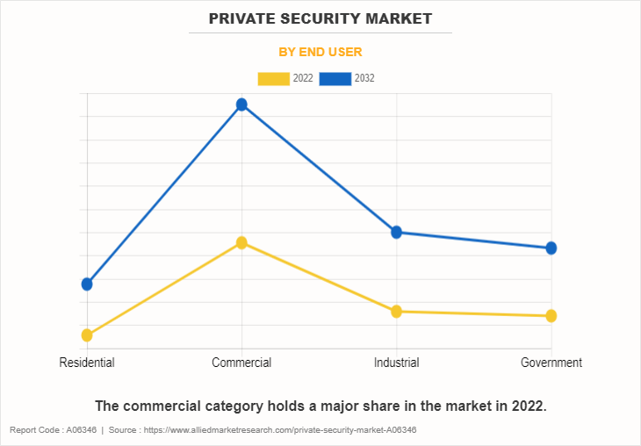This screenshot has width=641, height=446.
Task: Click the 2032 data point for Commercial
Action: pos(241,104)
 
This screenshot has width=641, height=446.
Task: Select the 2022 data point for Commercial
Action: pos(241,242)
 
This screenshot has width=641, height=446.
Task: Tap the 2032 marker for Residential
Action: pos(87,284)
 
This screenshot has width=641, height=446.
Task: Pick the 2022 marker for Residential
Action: pos(87,334)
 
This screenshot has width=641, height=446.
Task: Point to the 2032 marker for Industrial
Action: pos(396,232)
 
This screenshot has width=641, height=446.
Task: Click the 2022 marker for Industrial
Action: pos(396,311)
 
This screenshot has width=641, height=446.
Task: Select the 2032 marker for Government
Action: pos(551,248)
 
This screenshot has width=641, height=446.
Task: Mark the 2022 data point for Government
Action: pos(551,315)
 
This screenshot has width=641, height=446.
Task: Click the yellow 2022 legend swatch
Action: pos(273,78)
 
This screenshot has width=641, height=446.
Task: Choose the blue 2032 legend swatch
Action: pos(335,78)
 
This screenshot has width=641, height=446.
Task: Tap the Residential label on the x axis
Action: pos(87,363)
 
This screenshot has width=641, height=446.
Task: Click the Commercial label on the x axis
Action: pos(241,363)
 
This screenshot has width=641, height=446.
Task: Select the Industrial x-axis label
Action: pos(396,363)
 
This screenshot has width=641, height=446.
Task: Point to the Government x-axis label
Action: pos(551,363)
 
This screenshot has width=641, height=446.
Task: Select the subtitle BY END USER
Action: pos(320,52)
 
